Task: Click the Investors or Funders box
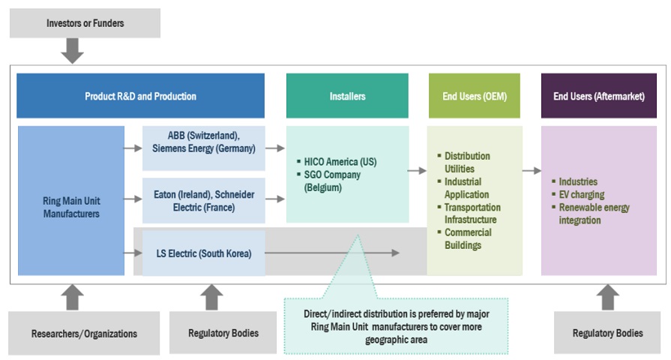[85, 23]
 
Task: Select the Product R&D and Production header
[140, 96]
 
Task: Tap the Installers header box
[347, 96]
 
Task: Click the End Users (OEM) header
[474, 96]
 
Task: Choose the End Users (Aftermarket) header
[598, 96]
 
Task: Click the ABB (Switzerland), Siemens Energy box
[203, 142]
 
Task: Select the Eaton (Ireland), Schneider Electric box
[203, 200]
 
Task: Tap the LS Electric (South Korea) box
[203, 253]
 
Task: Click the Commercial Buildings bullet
[468, 238]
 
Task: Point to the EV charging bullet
[583, 194]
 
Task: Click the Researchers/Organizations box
[84, 333]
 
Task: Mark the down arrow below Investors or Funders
[72, 51]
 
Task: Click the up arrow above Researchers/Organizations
[72, 297]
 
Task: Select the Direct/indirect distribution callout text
[395, 327]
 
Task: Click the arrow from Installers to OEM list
[417, 171]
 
